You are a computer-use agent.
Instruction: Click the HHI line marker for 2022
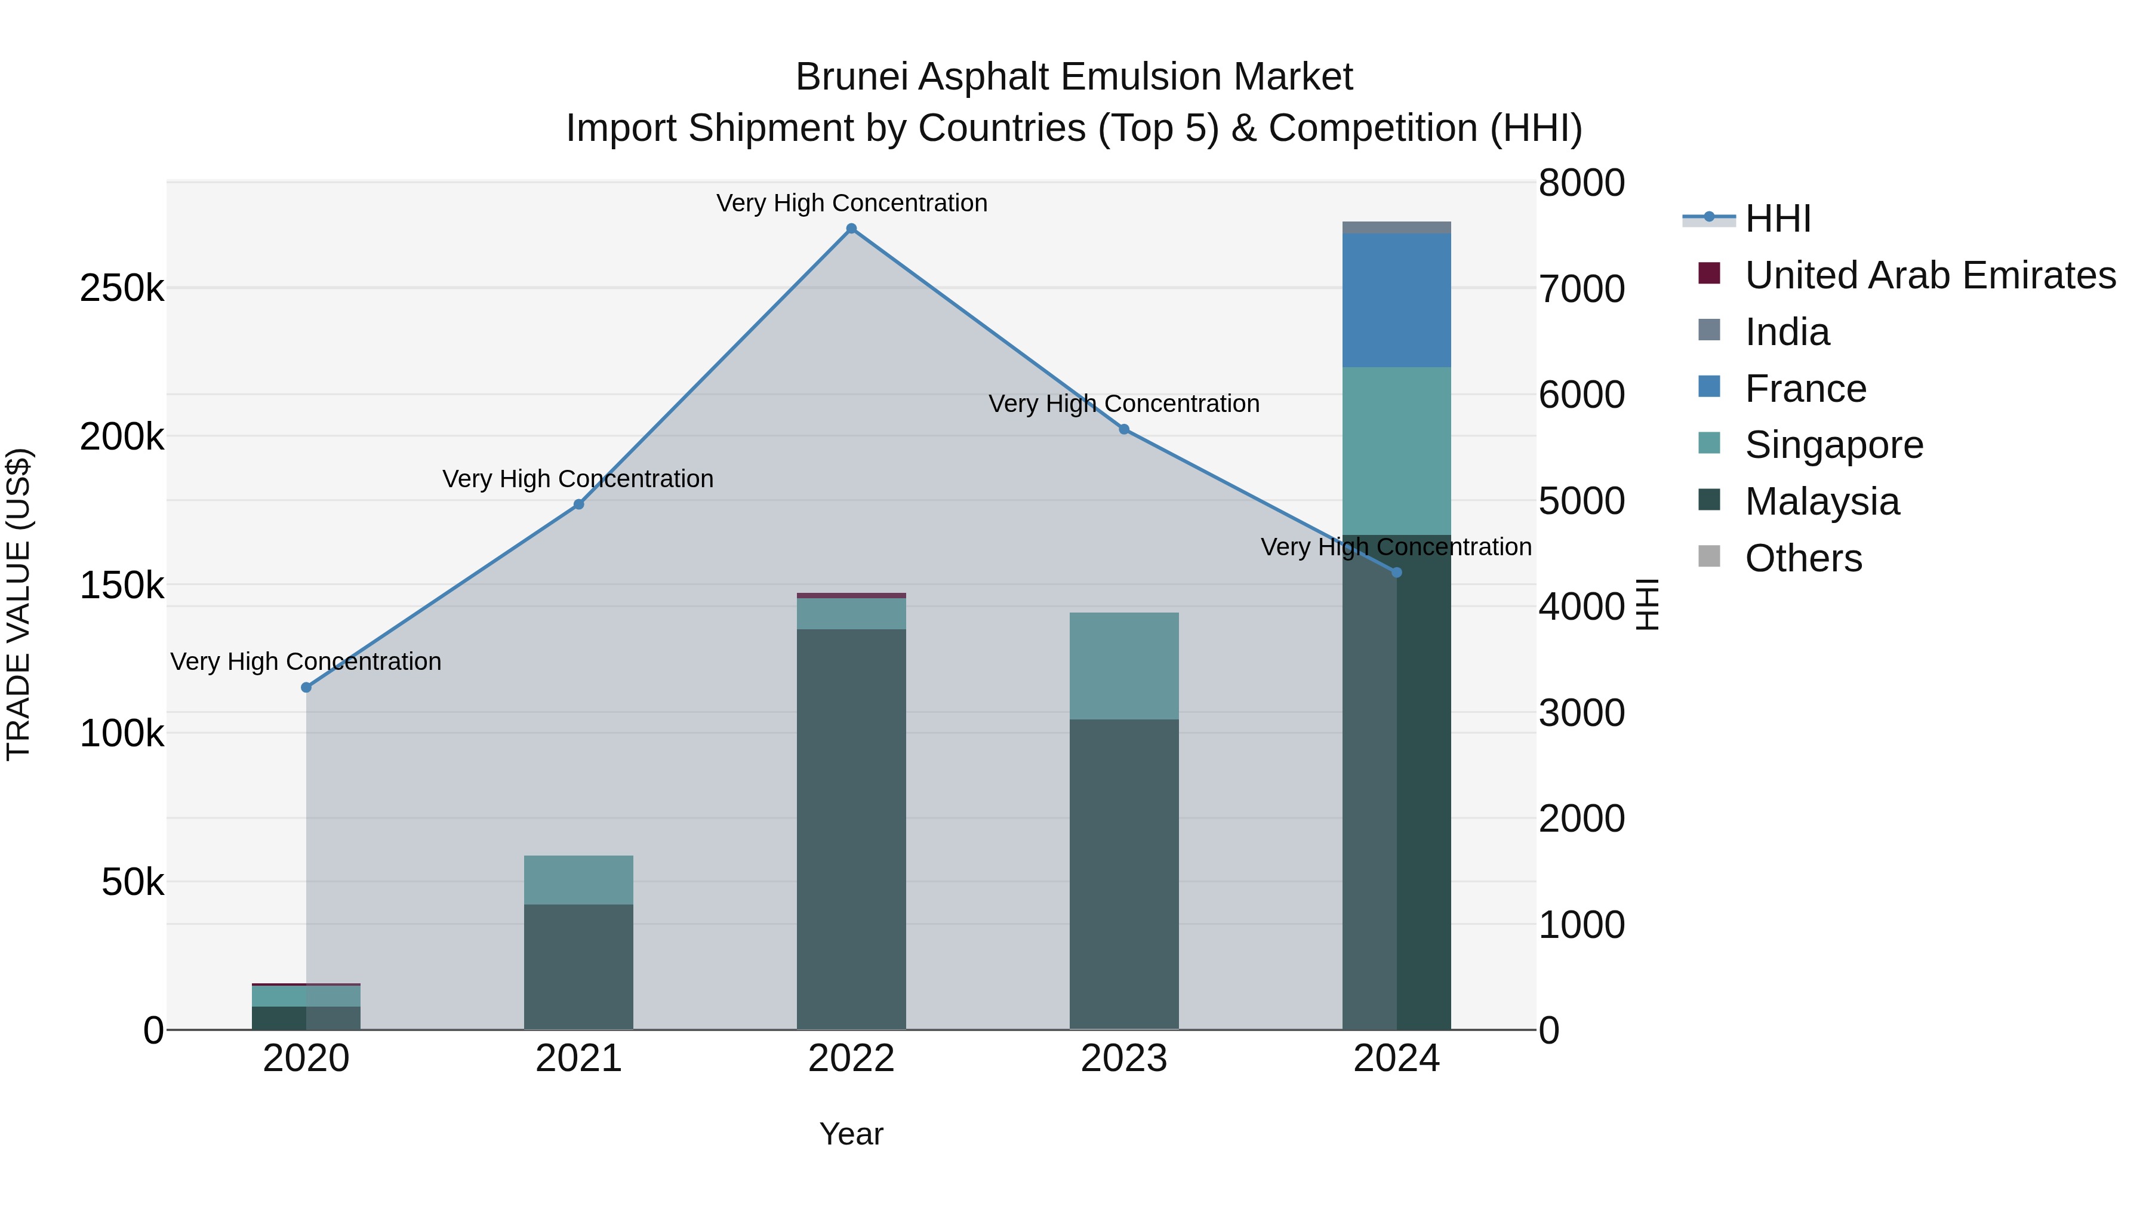coord(851,229)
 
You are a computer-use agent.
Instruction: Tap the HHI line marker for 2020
coord(306,688)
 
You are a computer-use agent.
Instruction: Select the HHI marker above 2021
coord(579,504)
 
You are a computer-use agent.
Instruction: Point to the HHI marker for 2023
coord(1123,430)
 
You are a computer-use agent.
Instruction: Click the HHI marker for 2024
coord(1396,573)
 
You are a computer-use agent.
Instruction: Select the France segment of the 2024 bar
coord(1396,300)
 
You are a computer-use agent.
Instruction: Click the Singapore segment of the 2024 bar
coord(1396,451)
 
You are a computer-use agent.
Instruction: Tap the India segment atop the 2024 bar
coord(1396,228)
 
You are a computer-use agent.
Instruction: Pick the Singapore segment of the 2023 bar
coord(1123,666)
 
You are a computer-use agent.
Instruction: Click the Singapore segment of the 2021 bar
coord(579,879)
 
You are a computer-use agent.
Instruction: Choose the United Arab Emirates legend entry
coord(1929,275)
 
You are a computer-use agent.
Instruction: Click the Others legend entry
coord(1803,558)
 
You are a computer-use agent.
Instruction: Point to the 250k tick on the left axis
coord(122,290)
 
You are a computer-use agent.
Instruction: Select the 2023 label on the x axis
coord(1123,1059)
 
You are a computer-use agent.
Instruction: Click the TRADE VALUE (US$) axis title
coord(19,604)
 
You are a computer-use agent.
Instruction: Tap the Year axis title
coord(851,1134)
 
